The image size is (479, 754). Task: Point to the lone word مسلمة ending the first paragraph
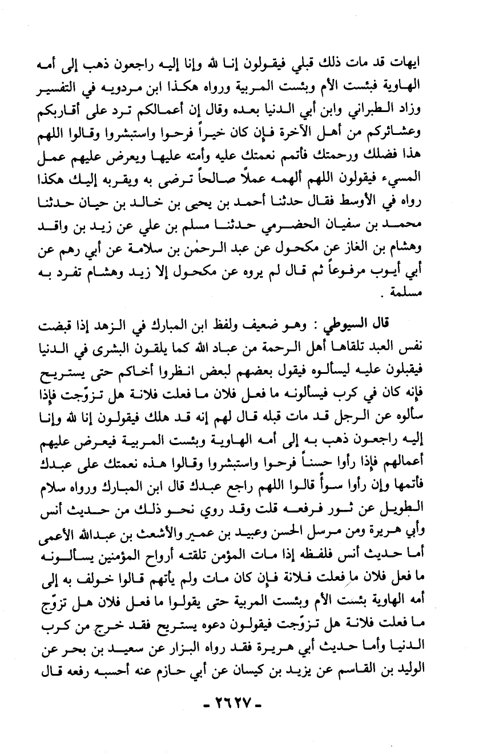pos(423,295)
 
